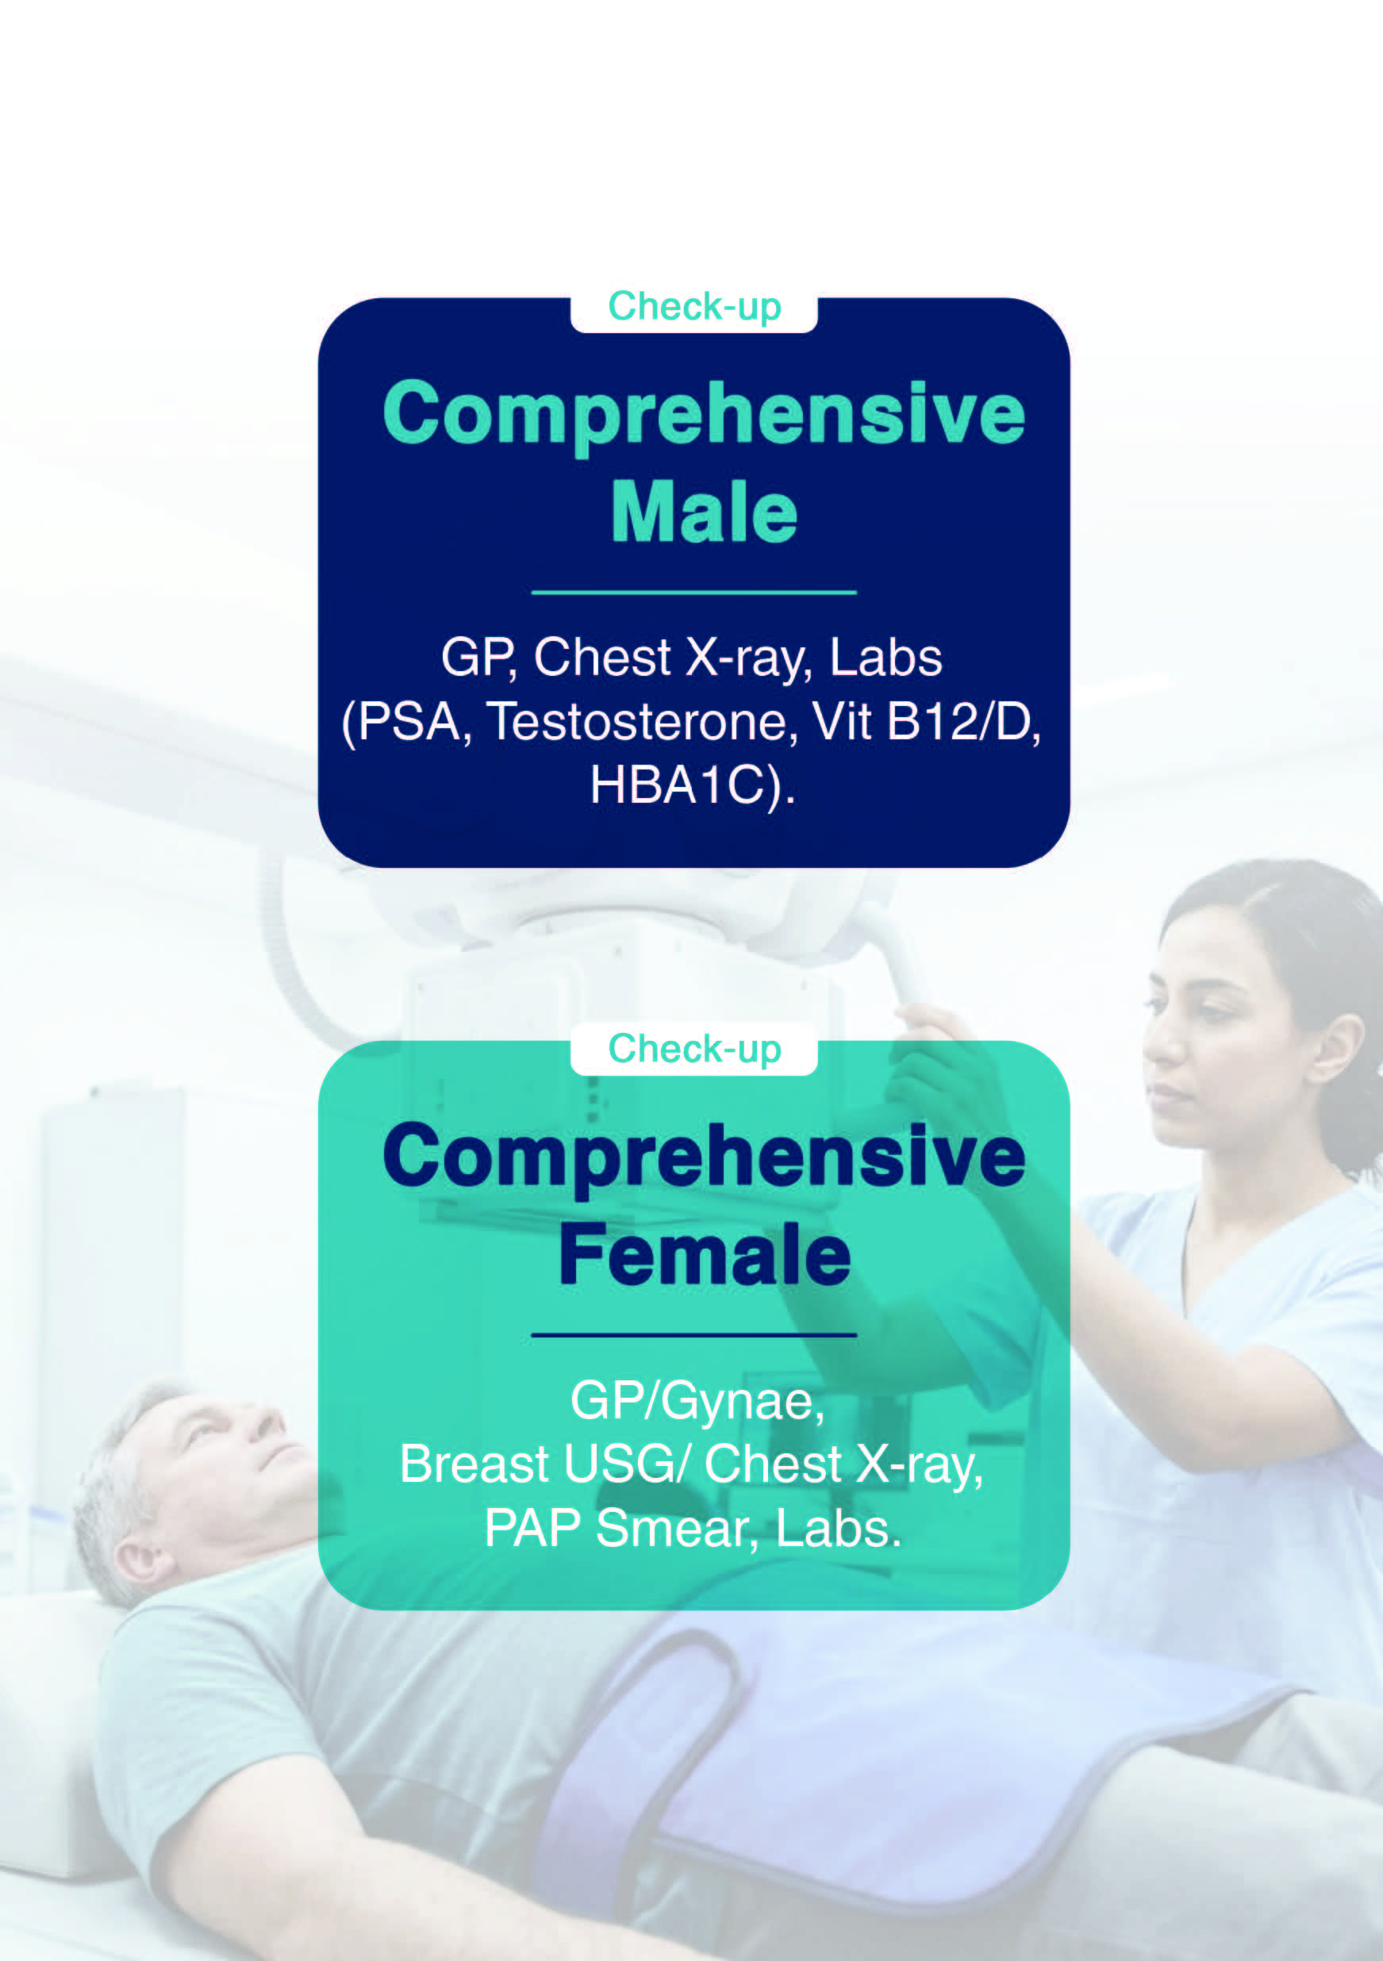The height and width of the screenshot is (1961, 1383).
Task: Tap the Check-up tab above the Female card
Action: tap(693, 1050)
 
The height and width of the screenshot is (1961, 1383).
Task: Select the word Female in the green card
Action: tap(705, 1254)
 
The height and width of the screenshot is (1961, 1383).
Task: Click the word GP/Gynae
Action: tap(697, 1402)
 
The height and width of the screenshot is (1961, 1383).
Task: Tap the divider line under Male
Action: tap(693, 592)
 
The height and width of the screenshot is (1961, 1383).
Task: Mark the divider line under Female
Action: tap(693, 1334)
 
